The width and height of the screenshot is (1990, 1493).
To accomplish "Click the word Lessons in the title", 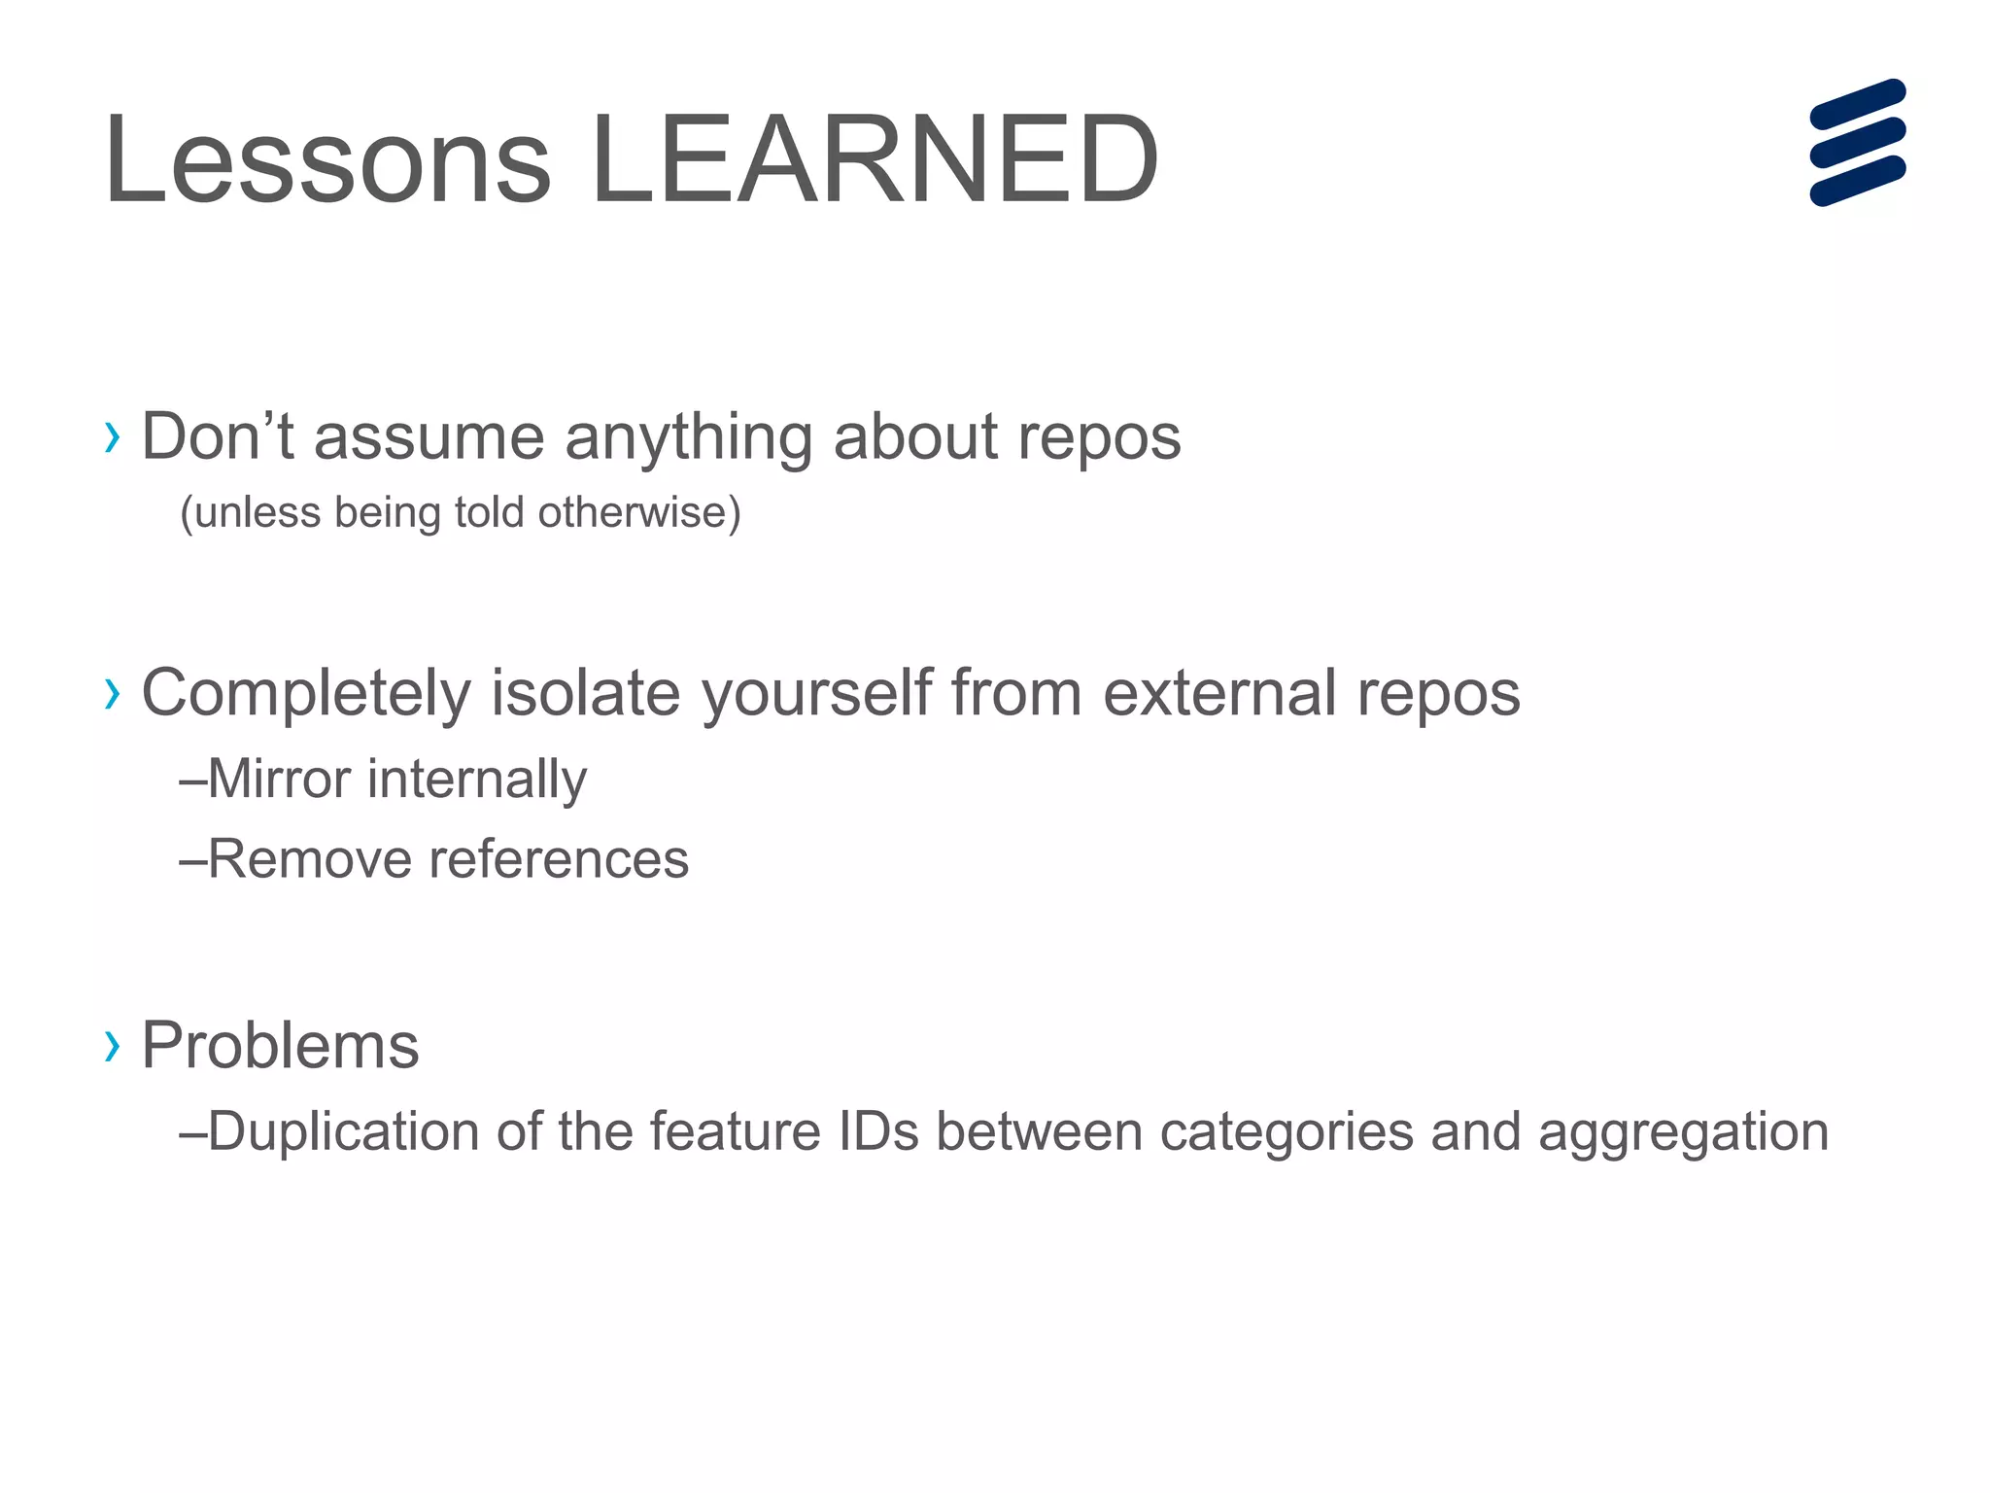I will (328, 160).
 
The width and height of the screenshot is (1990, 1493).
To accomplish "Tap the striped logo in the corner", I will (1857, 143).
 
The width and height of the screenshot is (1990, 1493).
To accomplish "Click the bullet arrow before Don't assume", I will (113, 437).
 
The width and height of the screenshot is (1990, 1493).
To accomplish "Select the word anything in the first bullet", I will (688, 437).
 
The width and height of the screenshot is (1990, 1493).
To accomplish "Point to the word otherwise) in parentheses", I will (638, 512).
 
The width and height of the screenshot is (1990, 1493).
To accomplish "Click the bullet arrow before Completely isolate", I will (113, 694).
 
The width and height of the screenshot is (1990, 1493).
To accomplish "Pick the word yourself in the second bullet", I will (816, 694).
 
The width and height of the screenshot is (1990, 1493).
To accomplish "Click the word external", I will (1219, 694).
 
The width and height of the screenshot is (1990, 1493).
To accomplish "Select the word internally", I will (477, 780).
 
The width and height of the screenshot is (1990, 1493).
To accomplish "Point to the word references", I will (559, 859).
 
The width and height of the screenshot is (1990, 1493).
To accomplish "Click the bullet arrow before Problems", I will (113, 1046).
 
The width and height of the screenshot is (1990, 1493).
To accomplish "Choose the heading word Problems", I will (280, 1046).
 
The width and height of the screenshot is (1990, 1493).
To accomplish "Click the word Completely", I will (306, 694).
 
